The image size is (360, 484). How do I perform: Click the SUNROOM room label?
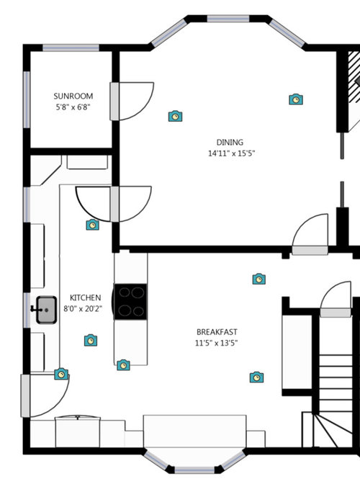click(x=73, y=96)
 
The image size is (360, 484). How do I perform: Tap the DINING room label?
click(x=230, y=143)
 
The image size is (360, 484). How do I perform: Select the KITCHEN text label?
click(x=85, y=298)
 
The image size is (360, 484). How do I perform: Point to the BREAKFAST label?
click(x=217, y=332)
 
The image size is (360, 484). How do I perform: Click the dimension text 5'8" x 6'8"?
click(x=73, y=107)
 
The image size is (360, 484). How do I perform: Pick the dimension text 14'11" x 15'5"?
click(x=232, y=153)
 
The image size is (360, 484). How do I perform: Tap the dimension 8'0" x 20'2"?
click(x=83, y=309)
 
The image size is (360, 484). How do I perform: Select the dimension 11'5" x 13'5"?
click(x=216, y=343)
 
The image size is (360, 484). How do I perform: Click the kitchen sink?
click(x=46, y=310)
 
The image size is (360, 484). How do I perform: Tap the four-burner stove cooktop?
click(x=130, y=302)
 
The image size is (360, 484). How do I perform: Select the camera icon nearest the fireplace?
click(x=296, y=99)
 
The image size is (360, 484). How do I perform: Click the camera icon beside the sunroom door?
click(x=175, y=116)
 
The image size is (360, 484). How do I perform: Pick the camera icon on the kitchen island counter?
click(x=123, y=365)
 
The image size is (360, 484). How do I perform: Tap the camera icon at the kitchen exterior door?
click(x=61, y=374)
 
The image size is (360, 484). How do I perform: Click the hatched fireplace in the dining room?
click(x=354, y=76)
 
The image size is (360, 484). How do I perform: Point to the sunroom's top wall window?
click(x=71, y=48)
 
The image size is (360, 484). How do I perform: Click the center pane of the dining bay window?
click(x=228, y=19)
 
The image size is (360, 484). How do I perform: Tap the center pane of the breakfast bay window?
click(x=194, y=470)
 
